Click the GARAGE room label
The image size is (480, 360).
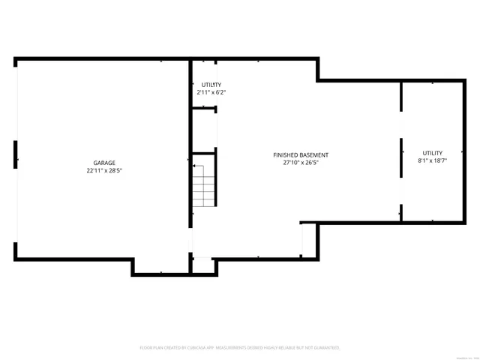[x=104, y=163]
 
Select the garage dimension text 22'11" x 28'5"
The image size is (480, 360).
[x=104, y=171]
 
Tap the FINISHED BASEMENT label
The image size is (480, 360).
[x=300, y=154]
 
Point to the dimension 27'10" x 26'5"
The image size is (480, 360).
[x=300, y=163]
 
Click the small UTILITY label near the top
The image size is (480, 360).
[x=211, y=85]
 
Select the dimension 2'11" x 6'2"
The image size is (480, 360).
[x=211, y=92]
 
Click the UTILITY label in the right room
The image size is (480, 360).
[x=432, y=153]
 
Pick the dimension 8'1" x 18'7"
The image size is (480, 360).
[x=432, y=160]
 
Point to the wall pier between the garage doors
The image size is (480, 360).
[x=16, y=154]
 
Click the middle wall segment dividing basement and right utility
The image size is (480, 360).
[x=401, y=157]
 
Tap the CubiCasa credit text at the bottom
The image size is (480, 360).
[x=240, y=348]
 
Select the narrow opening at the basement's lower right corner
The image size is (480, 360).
[x=302, y=240]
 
